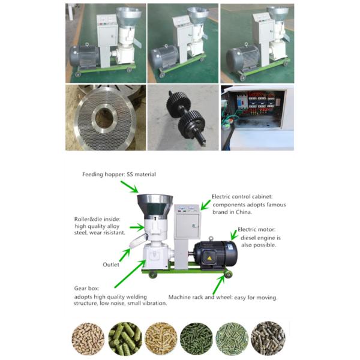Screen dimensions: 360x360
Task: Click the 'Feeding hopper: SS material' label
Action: coord(119,175)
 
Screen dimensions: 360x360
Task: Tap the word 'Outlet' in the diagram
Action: coord(111,265)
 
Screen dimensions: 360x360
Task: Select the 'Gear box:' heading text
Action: coord(86,289)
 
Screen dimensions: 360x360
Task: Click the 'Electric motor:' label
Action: coord(256,229)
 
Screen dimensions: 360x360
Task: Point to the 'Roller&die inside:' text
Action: coord(97,219)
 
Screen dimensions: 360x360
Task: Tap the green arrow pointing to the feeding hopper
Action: coord(130,187)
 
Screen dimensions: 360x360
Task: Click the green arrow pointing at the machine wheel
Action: coord(218,285)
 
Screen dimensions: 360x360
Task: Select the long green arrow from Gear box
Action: coord(130,274)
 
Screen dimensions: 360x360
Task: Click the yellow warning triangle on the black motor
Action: coord(209,258)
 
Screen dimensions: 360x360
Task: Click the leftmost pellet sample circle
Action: coord(88,338)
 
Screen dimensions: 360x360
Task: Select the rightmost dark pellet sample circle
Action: coord(268,338)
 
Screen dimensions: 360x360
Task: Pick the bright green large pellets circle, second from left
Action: coord(125,338)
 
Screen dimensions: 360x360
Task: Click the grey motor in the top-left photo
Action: coord(85,56)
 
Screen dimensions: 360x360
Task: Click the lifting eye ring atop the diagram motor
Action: coord(211,239)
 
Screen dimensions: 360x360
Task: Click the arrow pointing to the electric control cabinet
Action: coord(205,205)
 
